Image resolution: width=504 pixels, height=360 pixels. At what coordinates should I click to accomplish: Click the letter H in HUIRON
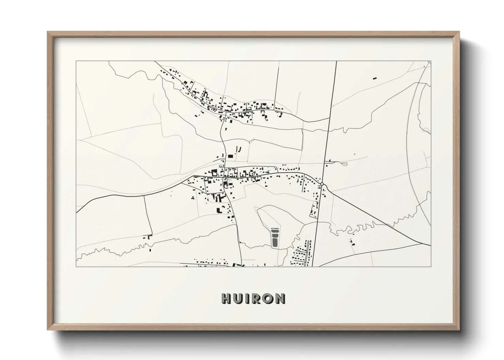coord(227,298)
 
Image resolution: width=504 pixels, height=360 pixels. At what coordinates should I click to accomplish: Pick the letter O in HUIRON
coord(268,298)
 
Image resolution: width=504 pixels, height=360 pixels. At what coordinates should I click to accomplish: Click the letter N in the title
coord(280,298)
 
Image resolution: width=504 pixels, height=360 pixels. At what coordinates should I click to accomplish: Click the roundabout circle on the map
coord(321,184)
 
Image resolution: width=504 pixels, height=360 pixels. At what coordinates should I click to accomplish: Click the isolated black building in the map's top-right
coord(375,78)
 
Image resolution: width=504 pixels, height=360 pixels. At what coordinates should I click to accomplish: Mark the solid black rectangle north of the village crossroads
coord(231,156)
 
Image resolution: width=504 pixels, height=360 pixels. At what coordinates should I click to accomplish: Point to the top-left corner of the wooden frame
coord(48,32)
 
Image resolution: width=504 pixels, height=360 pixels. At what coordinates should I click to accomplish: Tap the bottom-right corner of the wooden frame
coord(459,330)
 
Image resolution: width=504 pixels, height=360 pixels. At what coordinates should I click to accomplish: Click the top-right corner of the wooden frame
coord(459,32)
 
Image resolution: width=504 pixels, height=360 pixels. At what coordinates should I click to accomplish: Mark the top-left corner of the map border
coord(76,61)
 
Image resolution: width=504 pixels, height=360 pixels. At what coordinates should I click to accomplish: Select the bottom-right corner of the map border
coord(431,266)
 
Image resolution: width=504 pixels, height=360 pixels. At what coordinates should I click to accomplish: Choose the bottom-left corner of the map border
coord(76,266)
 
